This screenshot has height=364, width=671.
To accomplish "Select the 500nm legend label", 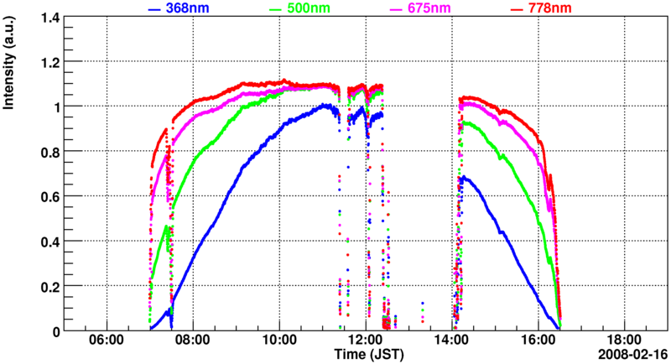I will tap(314, 8).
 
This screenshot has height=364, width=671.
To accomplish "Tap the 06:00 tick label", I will tap(107, 341).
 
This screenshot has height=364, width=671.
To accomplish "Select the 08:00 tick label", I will tap(193, 341).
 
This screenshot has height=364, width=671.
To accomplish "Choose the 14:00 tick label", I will tap(452, 341).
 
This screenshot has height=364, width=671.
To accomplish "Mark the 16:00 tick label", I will tap(538, 341).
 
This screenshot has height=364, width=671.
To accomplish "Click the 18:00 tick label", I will tap(625, 341).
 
